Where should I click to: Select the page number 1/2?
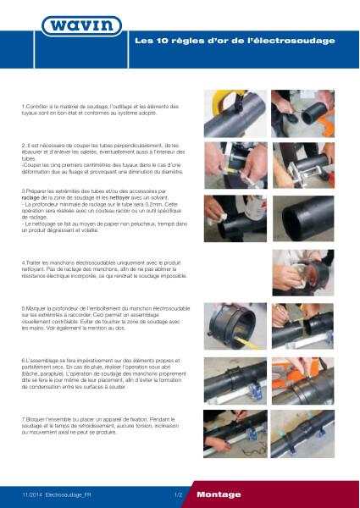click(x=178, y=494)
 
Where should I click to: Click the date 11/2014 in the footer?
click(x=32, y=494)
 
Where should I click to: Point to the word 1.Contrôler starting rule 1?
click(x=37, y=105)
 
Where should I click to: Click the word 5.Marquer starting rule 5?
click(x=36, y=307)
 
